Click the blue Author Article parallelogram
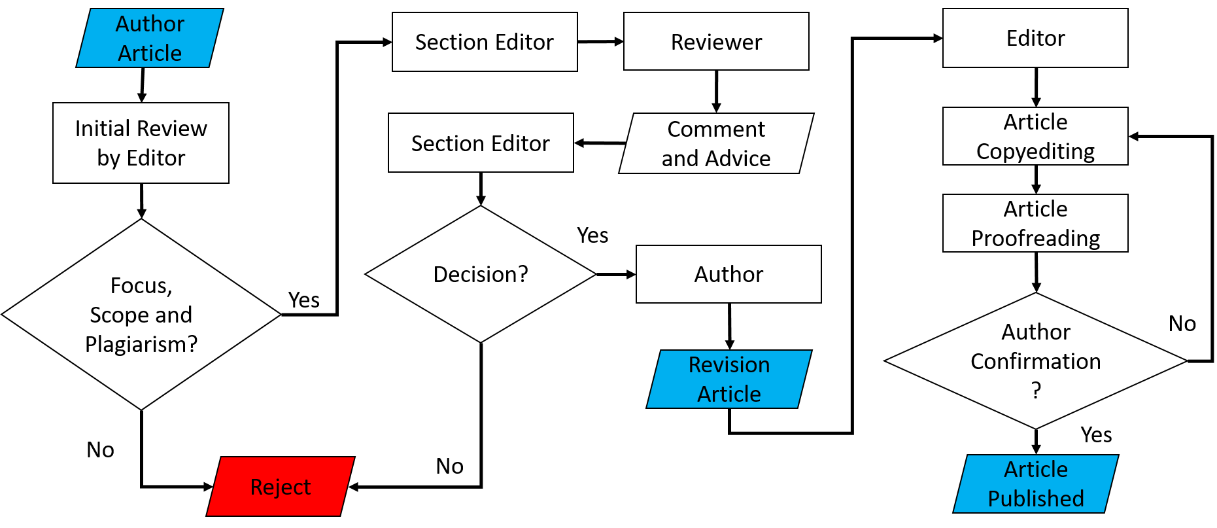click(150, 38)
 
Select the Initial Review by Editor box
click(141, 143)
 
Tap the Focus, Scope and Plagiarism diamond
click(141, 314)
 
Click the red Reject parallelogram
click(281, 487)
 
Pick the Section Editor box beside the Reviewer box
click(485, 42)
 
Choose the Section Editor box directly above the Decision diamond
click(481, 143)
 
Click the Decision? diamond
click(481, 274)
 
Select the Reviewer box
click(716, 42)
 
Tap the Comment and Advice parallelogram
click(716, 143)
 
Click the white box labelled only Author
click(728, 274)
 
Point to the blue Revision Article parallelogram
click(729, 379)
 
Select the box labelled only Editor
click(1035, 38)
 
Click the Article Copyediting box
click(1035, 136)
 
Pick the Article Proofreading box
click(1035, 223)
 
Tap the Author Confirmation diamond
click(1036, 361)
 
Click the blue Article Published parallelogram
click(1036, 484)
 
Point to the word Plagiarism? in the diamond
click(141, 344)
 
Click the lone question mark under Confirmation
click(1036, 391)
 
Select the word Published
click(1036, 499)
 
